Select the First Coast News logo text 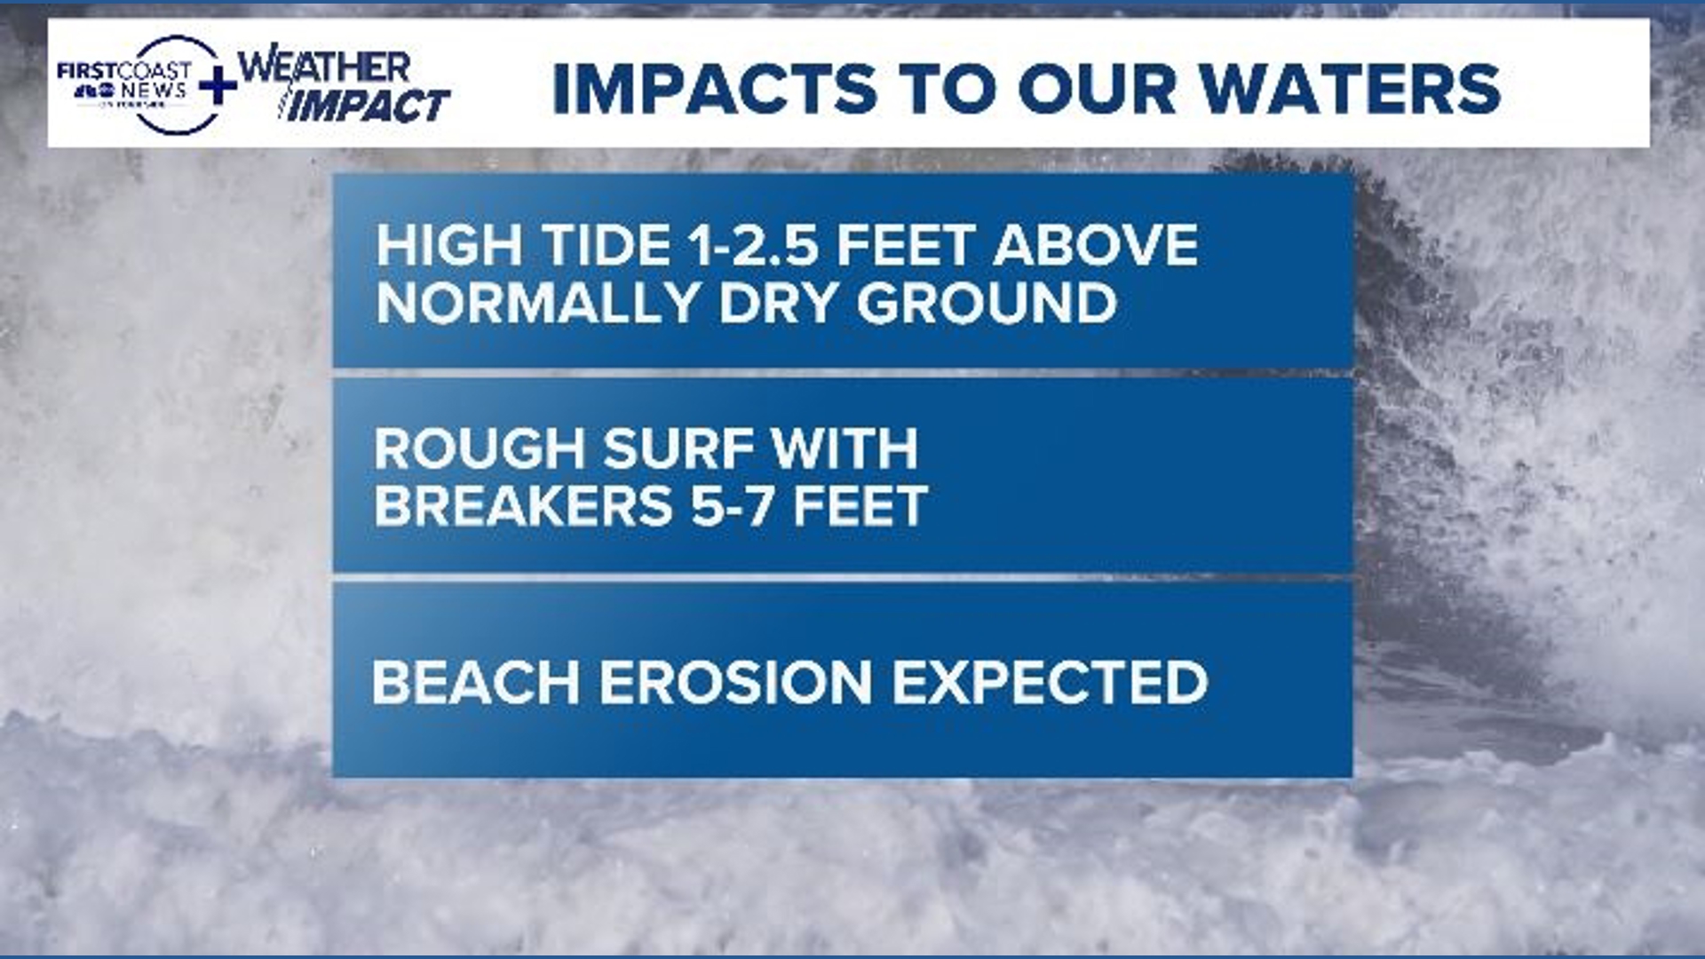tap(124, 81)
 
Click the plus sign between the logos tap(218, 86)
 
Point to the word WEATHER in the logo tap(325, 67)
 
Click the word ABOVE tap(1096, 245)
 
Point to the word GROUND tap(986, 304)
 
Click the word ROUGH tap(479, 448)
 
